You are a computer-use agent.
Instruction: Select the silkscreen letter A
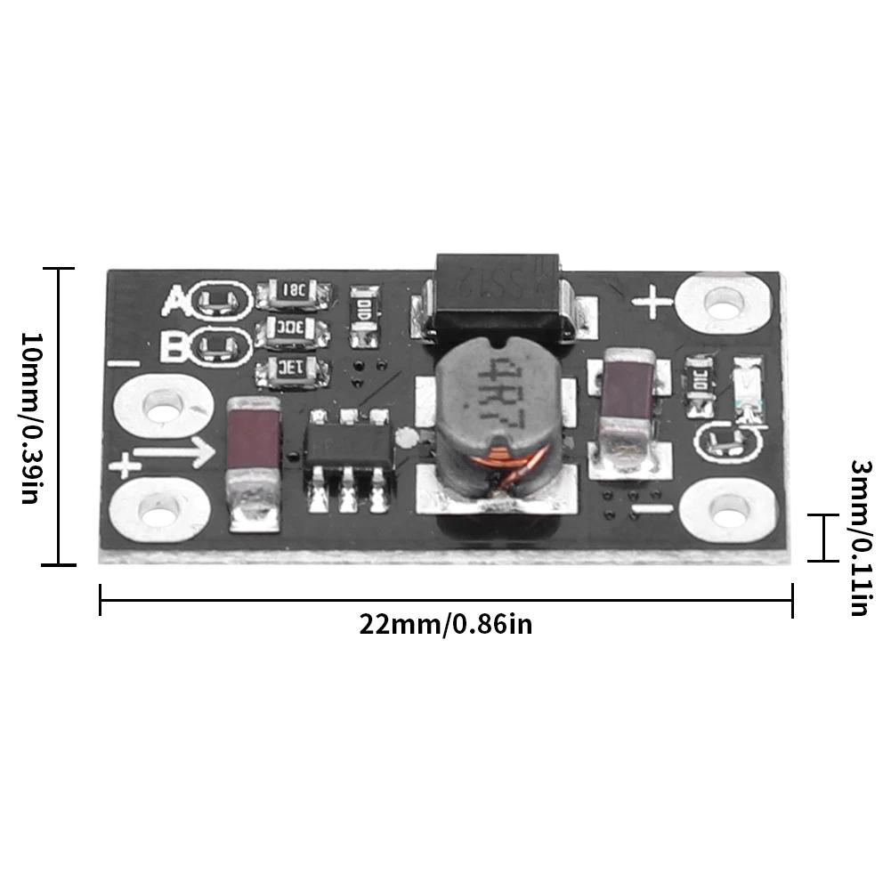pos(175,301)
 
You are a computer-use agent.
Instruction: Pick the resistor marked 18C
pos(293,290)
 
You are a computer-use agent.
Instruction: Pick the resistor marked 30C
pos(292,329)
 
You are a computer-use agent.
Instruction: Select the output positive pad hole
pos(721,304)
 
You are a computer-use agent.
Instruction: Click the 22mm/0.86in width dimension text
pos(446,624)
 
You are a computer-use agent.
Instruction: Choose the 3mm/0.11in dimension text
pos(860,538)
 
